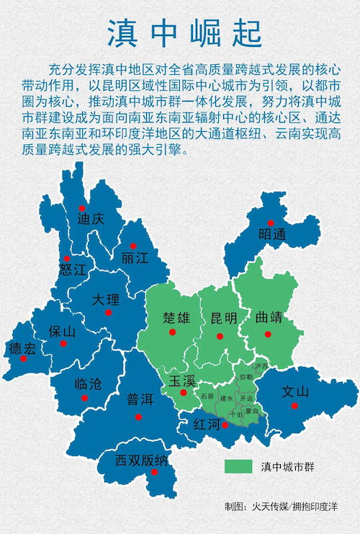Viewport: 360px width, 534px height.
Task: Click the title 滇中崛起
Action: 179,32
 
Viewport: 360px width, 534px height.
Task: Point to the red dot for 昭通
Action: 271,223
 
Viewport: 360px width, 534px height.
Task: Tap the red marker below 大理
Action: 107,313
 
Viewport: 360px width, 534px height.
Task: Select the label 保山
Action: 62,331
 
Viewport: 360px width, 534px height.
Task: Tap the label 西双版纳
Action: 142,460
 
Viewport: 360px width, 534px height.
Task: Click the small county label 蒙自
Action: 252,410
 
